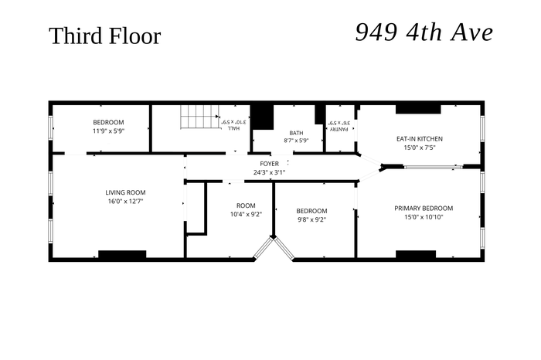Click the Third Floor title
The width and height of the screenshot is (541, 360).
click(105, 36)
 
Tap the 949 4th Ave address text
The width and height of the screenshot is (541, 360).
click(424, 32)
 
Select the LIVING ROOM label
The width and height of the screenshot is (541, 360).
click(125, 192)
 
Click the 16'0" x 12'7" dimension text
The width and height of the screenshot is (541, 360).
click(125, 202)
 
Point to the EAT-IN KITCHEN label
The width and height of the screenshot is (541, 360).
click(420, 138)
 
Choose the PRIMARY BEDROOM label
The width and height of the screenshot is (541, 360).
click(424, 209)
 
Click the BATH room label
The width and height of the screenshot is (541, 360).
click(296, 133)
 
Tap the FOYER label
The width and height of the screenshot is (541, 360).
click(270, 164)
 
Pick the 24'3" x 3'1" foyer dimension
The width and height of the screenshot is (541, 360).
click(270, 172)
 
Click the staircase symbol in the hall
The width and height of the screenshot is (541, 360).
click(200, 117)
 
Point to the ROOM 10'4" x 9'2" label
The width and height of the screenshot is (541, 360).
click(246, 210)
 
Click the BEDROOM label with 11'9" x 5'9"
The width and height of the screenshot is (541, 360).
click(108, 127)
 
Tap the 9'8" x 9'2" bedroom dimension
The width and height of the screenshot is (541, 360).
click(311, 219)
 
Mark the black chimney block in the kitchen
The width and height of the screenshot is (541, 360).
click(418, 109)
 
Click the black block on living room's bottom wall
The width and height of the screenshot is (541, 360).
click(122, 254)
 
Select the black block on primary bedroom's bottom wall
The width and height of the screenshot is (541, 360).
click(416, 254)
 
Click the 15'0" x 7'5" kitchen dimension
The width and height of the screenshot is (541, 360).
click(420, 148)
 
